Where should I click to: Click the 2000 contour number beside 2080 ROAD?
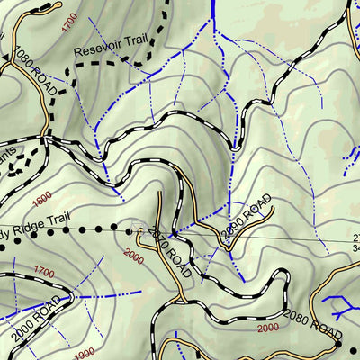pyautogui.click(x=267, y=329)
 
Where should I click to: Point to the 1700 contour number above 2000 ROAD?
pyautogui.click(x=43, y=270)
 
